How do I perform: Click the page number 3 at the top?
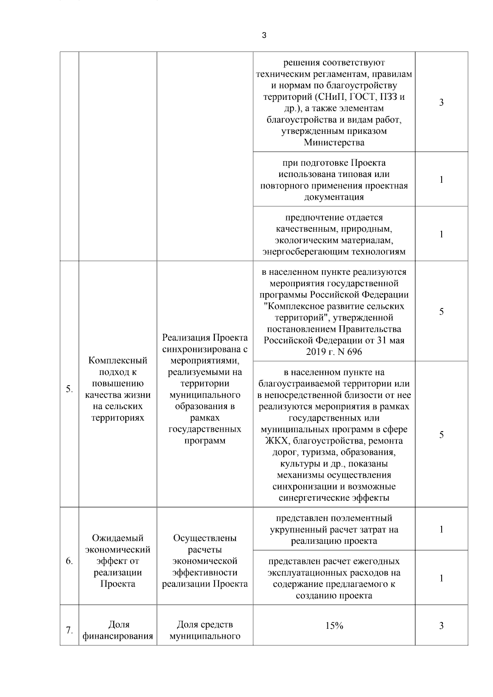pos(264,35)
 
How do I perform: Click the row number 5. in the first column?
pos(69,389)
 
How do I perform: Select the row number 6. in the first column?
pos(69,561)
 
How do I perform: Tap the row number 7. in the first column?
pos(69,630)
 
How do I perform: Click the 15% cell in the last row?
pos(334,626)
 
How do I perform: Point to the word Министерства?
pos(334,143)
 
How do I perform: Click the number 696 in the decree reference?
pos(355,352)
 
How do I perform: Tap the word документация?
pos(334,197)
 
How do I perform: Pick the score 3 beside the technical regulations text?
pos(441,102)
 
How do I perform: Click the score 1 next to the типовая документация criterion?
pos(441,179)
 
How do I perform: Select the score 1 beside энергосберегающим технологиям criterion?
pos(441,234)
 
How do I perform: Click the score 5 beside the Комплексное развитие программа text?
pos(441,311)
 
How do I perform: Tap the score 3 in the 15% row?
pos(441,626)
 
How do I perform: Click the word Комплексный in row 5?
pos(118,361)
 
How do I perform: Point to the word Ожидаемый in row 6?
pos(118,538)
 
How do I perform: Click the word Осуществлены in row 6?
pos(205,538)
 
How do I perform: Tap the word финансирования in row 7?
pos(118,637)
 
